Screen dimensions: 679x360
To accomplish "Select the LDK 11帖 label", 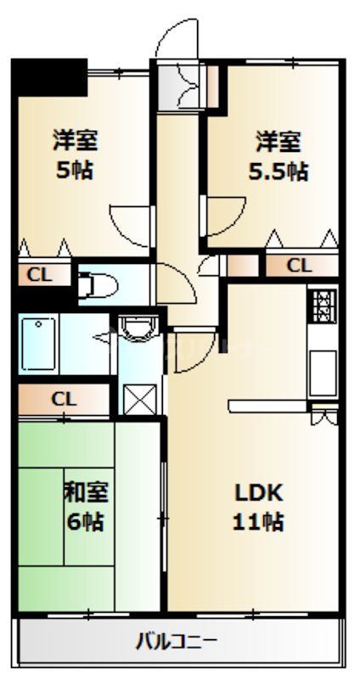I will [258, 507].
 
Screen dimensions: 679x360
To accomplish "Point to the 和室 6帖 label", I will [84, 506].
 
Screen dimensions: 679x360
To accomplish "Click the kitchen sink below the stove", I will [323, 365].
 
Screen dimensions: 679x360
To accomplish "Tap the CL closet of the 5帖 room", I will [36, 274].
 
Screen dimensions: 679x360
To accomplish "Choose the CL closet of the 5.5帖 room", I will [299, 266].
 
